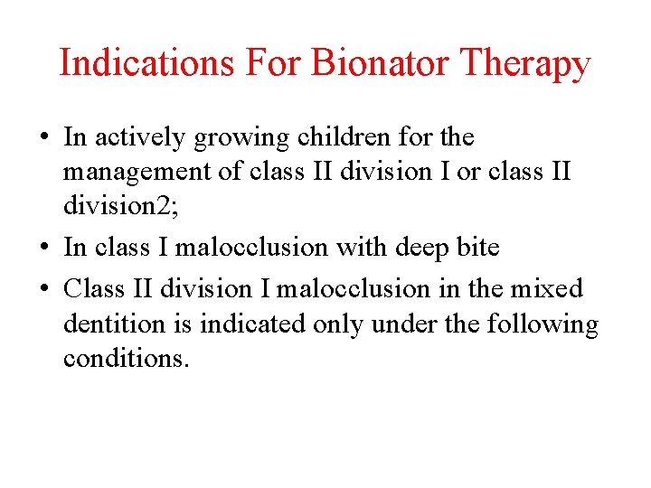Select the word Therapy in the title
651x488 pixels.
pyautogui.click(x=524, y=64)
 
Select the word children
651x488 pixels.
pyautogui.click(x=351, y=138)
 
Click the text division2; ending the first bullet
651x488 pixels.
pyautogui.click(x=122, y=206)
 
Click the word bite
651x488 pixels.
pyautogui.click(x=475, y=247)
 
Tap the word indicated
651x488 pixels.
pyautogui.click(x=245, y=324)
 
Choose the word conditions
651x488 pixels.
pyautogui.click(x=126, y=358)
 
